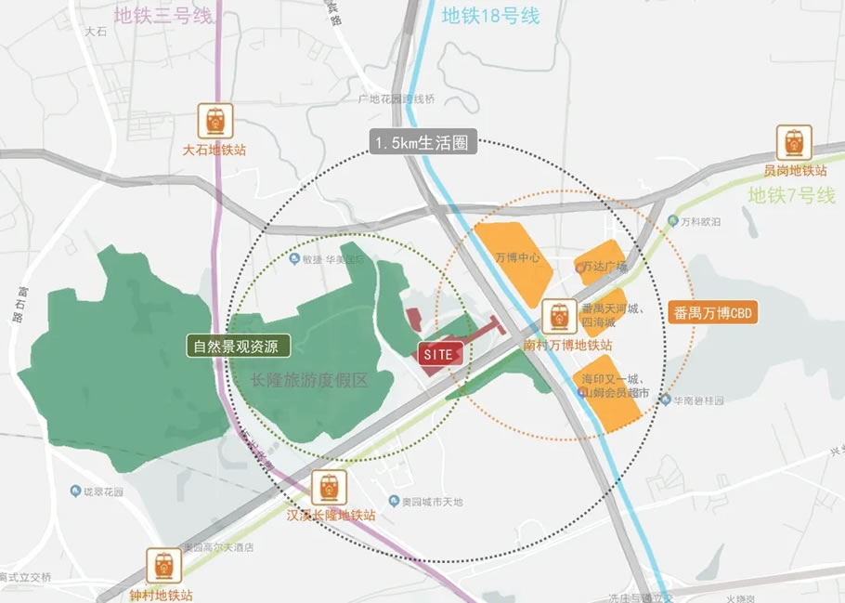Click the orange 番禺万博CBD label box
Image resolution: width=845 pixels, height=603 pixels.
pyautogui.click(x=713, y=313)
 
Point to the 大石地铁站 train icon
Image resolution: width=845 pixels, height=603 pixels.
pyautogui.click(x=214, y=122)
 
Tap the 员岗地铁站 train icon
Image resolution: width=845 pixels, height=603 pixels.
pyautogui.click(x=794, y=142)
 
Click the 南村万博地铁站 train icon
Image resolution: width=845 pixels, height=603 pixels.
pyautogui.click(x=559, y=317)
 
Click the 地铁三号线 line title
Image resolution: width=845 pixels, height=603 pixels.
pyautogui.click(x=163, y=16)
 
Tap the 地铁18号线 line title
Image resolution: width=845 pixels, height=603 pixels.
pyautogui.click(x=489, y=16)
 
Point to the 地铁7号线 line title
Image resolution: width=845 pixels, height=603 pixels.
pyautogui.click(x=791, y=195)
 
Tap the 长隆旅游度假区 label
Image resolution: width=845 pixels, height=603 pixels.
pyautogui.click(x=309, y=380)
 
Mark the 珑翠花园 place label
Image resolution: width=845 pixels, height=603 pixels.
pyautogui.click(x=102, y=491)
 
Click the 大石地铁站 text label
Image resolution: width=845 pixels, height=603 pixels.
pyautogui.click(x=214, y=150)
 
